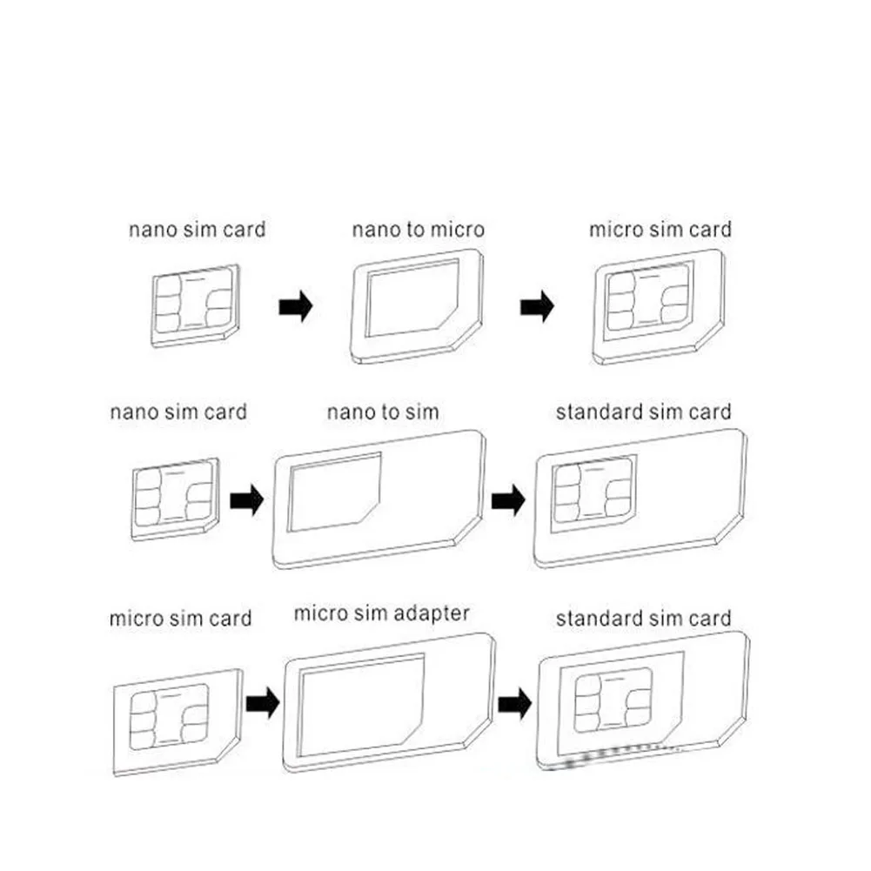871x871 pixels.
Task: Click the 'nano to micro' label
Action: [418, 231]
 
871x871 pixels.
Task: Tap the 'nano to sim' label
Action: [383, 412]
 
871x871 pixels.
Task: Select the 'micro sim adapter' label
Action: [381, 613]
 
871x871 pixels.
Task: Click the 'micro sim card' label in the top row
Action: [660, 231]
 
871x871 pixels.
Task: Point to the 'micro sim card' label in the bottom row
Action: [180, 619]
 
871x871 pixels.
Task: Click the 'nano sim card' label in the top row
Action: [198, 231]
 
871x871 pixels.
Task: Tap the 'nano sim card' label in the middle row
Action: [178, 412]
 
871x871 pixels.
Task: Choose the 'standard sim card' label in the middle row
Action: [644, 412]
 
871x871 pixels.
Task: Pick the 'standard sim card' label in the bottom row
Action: [644, 619]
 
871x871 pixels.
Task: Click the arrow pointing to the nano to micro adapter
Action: [295, 307]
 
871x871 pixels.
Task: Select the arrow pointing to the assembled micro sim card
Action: [537, 307]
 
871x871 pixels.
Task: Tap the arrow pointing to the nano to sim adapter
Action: [246, 501]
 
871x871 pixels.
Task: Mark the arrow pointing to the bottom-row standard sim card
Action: [514, 700]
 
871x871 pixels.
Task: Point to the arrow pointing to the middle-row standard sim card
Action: [508, 500]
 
